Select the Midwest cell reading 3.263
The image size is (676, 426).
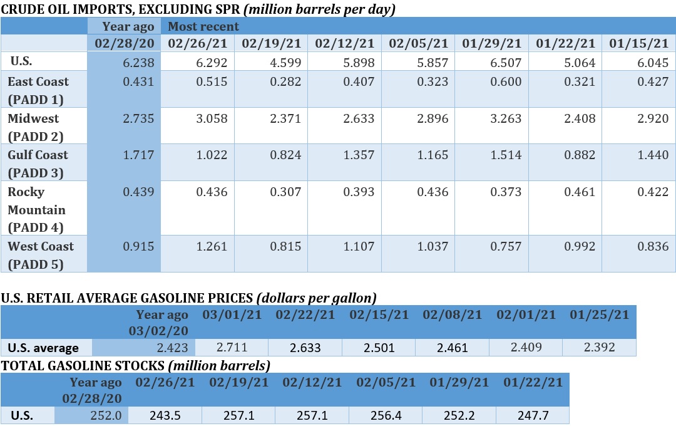(x=504, y=119)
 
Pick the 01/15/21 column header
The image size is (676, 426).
(x=638, y=43)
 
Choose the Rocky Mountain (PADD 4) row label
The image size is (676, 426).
(x=36, y=209)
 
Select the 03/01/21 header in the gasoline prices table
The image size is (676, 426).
(x=232, y=314)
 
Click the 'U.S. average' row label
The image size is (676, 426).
(x=43, y=348)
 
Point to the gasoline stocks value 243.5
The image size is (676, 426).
(x=165, y=415)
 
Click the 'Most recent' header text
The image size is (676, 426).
(x=203, y=26)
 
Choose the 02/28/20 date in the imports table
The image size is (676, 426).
(x=124, y=43)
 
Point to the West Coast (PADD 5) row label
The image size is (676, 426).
(x=40, y=255)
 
